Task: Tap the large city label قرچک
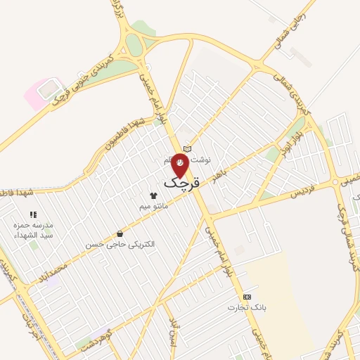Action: (x=182, y=182)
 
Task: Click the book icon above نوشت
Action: (x=187, y=148)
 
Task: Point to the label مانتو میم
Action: (x=153, y=206)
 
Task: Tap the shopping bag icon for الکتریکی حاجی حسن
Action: (x=120, y=233)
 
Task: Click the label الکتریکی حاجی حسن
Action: (x=120, y=245)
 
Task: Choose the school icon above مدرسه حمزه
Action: (x=32, y=214)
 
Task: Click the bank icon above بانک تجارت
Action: (x=246, y=297)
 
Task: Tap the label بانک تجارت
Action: (x=243, y=308)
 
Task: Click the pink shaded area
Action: (x=37, y=94)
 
